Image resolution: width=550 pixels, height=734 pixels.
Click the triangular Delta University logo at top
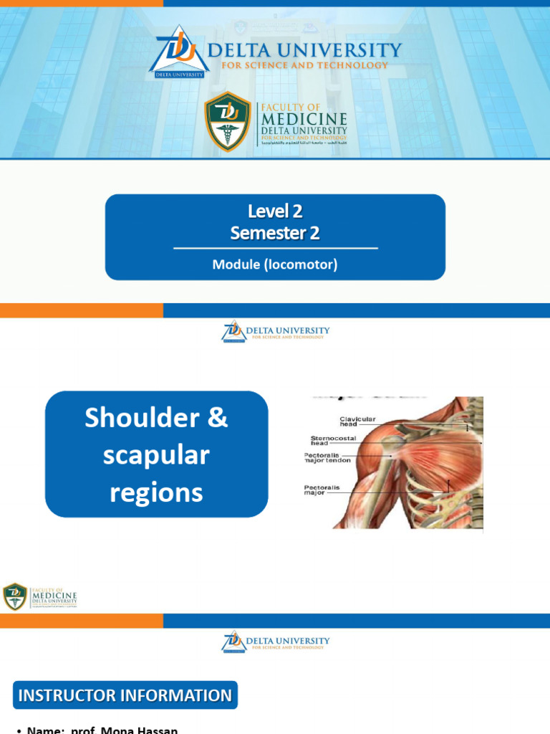[179, 51]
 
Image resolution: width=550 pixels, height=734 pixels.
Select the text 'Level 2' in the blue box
[275, 211]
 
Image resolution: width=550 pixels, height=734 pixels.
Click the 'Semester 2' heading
[275, 233]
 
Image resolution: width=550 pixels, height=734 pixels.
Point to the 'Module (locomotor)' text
[275, 264]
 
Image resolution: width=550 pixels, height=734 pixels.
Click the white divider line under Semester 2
[275, 248]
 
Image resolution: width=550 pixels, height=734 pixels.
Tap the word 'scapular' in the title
[156, 455]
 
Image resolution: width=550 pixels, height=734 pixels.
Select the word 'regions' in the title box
[156, 492]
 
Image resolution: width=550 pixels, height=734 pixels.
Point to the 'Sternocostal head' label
[333, 440]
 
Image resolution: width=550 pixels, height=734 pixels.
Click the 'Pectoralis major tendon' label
[328, 457]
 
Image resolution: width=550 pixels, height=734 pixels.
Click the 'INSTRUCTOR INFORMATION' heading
[125, 695]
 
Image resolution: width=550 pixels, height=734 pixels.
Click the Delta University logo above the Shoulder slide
[275, 332]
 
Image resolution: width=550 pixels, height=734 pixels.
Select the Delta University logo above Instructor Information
[275, 642]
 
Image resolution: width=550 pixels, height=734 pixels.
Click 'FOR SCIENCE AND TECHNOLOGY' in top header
[304, 65]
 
